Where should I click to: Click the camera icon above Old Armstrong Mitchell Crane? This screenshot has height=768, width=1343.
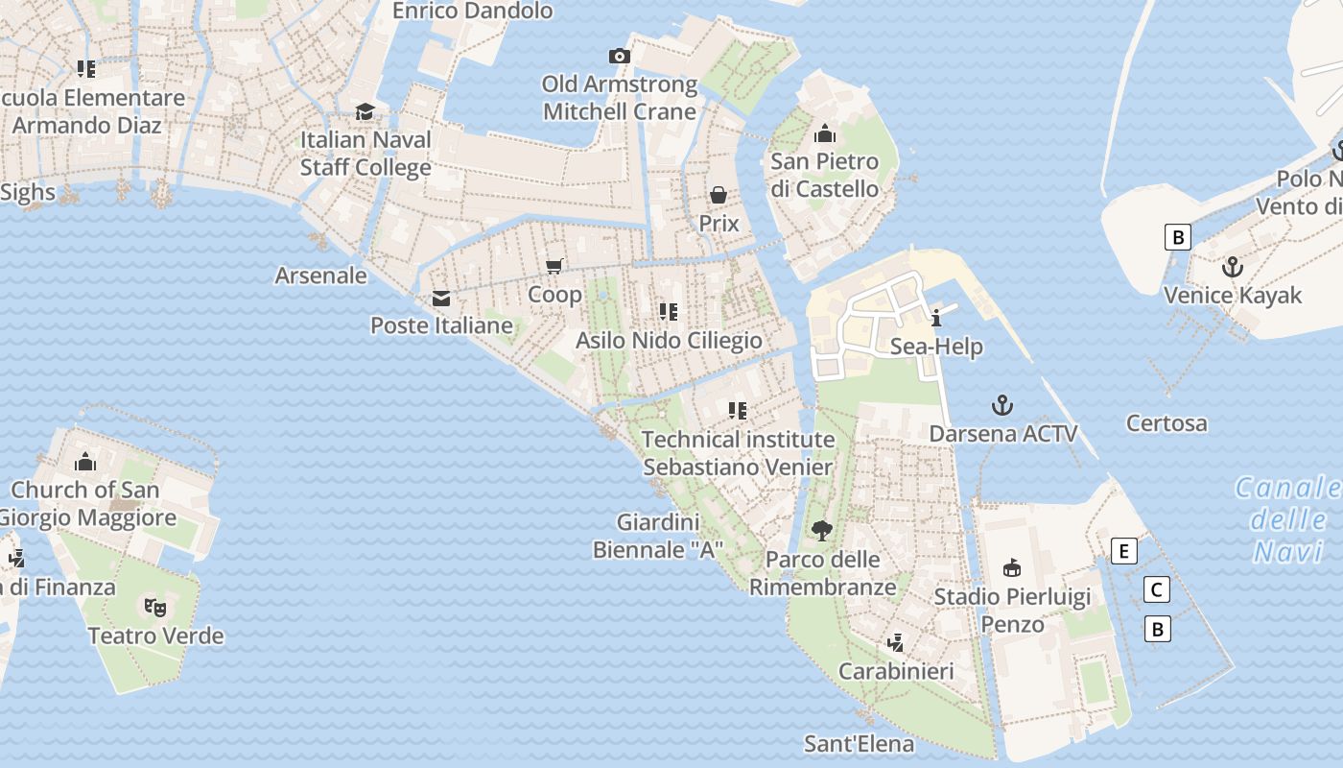621,56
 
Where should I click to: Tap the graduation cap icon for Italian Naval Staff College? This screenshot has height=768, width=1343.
365,112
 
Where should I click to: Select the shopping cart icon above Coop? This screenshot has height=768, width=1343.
554,266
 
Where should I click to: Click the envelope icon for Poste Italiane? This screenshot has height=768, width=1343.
441,299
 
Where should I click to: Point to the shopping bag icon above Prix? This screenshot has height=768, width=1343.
719,196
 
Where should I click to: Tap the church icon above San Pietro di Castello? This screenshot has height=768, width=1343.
824,133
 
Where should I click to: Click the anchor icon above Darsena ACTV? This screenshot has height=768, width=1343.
1002,405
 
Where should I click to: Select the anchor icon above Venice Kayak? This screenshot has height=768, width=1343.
1233,267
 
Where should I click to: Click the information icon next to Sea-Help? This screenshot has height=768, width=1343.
936,318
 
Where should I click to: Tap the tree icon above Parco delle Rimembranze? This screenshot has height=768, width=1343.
821,530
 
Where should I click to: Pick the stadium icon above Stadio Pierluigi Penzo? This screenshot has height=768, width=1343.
1011,568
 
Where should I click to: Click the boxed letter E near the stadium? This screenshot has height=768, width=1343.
1123,551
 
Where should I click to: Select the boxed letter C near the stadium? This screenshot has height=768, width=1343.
1157,589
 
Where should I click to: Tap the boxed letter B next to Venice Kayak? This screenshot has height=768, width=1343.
1177,236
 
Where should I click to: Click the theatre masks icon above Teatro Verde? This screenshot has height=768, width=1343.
154,607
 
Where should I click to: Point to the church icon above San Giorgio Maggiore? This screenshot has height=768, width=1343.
85,462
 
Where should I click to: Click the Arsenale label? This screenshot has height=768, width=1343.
320,276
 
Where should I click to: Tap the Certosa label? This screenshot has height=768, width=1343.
1166,422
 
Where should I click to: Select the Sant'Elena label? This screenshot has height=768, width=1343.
859,744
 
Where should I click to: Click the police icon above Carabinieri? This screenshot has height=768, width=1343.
895,642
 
